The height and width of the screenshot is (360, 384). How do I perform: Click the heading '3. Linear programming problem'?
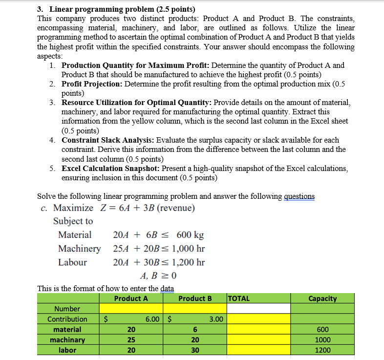pyautogui.click(x=116, y=9)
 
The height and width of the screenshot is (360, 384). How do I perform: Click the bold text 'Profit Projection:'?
pyautogui.click(x=92, y=84)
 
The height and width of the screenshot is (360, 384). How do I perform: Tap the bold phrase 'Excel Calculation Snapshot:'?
pyautogui.click(x=111, y=168)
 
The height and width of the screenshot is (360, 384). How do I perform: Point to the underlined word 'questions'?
pyautogui.click(x=299, y=196)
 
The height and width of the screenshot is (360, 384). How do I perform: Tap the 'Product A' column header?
pyautogui.click(x=130, y=298)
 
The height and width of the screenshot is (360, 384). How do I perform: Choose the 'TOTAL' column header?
pyautogui.click(x=239, y=298)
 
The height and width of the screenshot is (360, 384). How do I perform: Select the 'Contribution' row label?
pyautogui.click(x=67, y=319)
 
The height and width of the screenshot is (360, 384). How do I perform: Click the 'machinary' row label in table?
pyautogui.click(x=67, y=339)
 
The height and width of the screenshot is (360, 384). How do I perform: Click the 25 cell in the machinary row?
pyautogui.click(x=131, y=339)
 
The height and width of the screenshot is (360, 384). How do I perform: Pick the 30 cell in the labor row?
pyautogui.click(x=195, y=350)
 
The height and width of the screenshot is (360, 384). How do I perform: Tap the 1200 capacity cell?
pyautogui.click(x=322, y=350)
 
